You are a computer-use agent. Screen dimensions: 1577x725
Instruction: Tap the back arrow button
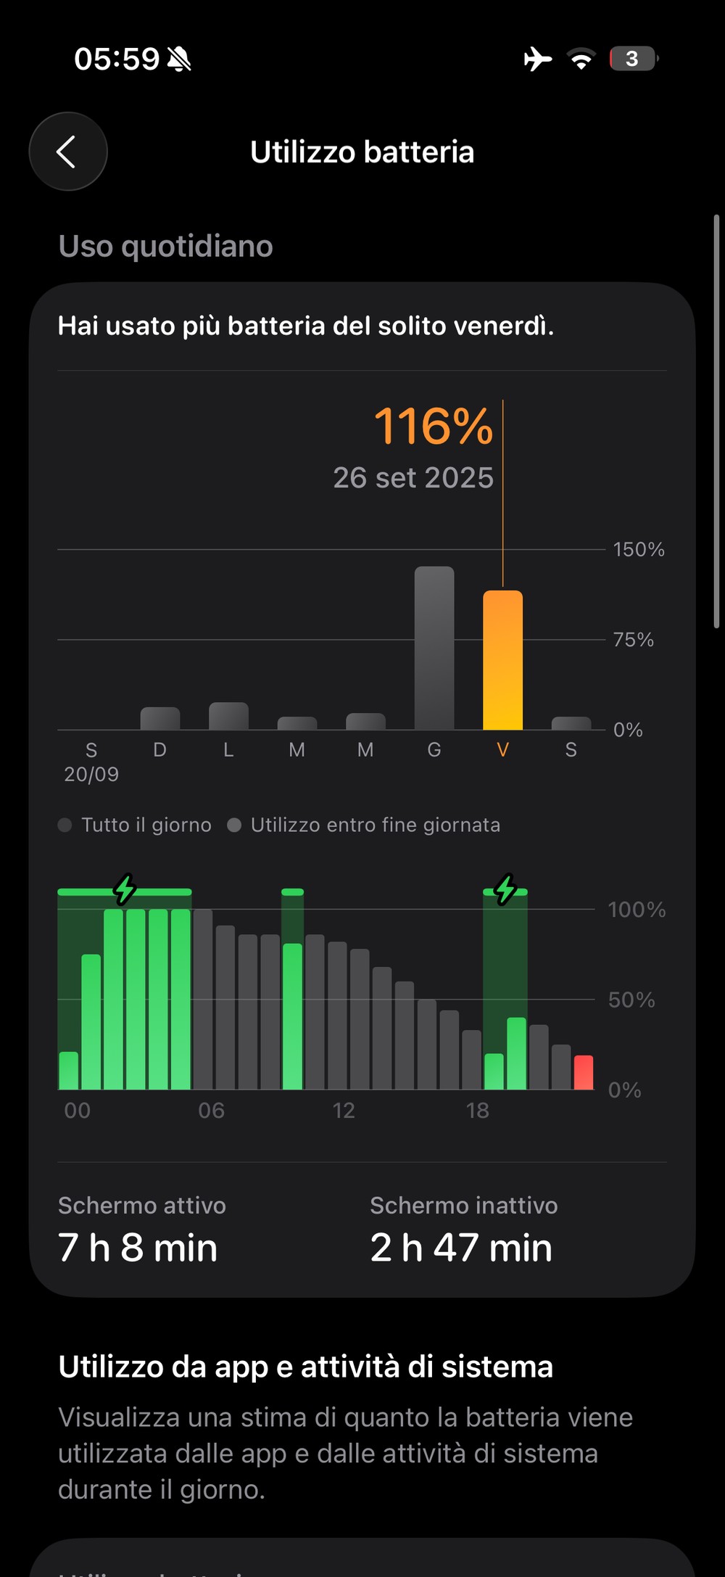(67, 152)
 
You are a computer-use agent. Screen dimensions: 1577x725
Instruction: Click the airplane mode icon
(537, 59)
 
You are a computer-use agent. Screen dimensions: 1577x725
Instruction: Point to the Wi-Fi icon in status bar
(581, 59)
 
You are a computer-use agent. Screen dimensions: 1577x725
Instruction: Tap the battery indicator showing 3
(633, 59)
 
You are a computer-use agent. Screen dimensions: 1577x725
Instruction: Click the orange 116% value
(433, 426)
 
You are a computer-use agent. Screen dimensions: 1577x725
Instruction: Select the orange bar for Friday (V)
(502, 660)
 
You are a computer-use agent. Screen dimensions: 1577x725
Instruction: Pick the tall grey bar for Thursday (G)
(434, 648)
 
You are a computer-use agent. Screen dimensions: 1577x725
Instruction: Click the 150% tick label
(638, 549)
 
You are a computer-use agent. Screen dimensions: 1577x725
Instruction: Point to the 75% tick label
(633, 640)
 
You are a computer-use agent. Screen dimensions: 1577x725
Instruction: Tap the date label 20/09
(91, 774)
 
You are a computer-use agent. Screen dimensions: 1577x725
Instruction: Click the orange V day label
(502, 749)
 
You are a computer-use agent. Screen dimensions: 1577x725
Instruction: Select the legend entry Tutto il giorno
(146, 825)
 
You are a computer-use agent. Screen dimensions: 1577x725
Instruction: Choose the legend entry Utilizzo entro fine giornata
(375, 825)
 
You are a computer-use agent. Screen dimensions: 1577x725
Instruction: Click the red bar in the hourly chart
(584, 1072)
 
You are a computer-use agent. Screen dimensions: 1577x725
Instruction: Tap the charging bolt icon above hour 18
(505, 889)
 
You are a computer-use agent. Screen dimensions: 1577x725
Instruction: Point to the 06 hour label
(211, 1111)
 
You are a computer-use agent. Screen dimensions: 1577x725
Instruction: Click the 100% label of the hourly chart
(636, 910)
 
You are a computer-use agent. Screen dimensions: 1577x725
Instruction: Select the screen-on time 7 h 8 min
(138, 1248)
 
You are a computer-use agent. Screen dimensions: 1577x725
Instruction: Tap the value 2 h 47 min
(461, 1248)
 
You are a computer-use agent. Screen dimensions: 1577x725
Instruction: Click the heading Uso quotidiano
(165, 247)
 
